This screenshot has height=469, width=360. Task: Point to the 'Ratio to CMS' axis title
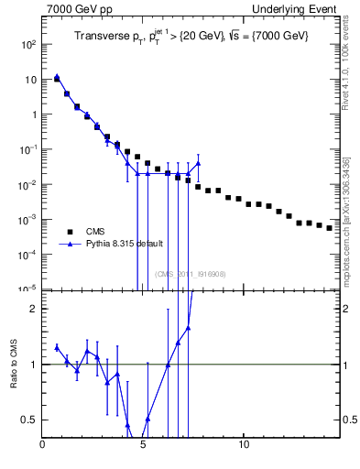(13, 365)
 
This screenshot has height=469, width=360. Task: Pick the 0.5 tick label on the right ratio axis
(349, 420)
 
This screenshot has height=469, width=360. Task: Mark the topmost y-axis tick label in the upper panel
(27, 44)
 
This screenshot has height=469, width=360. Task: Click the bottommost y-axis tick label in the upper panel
(27, 289)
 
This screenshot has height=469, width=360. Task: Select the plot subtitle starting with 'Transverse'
(191, 36)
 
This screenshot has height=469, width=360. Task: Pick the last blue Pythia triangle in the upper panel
(198, 164)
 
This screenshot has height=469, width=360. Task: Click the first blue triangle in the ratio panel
(57, 347)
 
